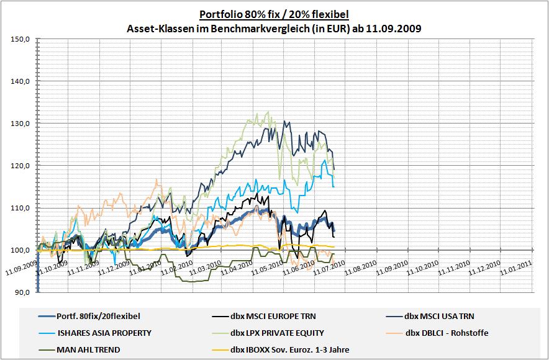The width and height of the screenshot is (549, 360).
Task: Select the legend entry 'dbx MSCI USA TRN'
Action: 443,317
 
